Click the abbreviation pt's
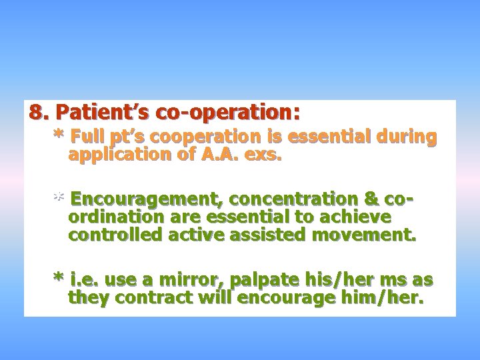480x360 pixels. coord(129,137)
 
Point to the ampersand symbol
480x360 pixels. coord(372,199)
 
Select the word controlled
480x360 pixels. coord(111,235)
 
